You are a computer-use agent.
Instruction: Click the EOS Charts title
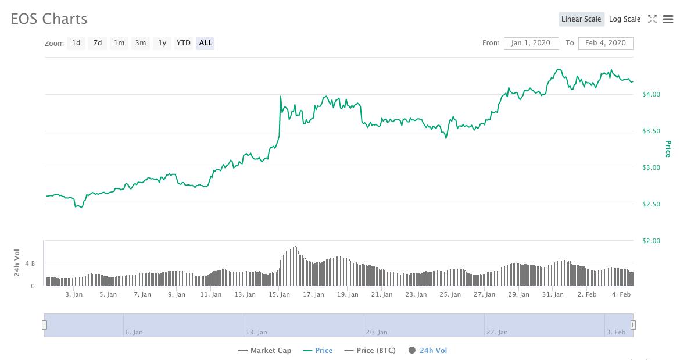[x=49, y=19]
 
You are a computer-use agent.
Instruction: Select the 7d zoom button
[x=98, y=43]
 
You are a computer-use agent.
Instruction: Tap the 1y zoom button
[x=162, y=43]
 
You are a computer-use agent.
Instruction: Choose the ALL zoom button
[x=205, y=43]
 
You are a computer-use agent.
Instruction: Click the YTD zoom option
[x=184, y=43]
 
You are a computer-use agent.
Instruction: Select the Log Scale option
[x=624, y=19]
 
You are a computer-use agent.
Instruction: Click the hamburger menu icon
[x=667, y=19]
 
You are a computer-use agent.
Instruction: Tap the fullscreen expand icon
[x=652, y=19]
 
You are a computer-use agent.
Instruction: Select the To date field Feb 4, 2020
[x=606, y=43]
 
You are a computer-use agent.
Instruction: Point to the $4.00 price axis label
[x=651, y=94]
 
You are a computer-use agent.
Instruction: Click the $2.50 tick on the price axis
[x=651, y=204]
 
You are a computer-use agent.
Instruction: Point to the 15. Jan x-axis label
[x=279, y=294]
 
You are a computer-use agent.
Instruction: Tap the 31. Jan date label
[x=553, y=294]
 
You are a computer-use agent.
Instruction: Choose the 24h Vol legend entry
[x=433, y=351]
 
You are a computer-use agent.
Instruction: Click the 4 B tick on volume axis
[x=30, y=264]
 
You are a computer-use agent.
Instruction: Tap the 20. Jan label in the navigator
[x=376, y=332]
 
